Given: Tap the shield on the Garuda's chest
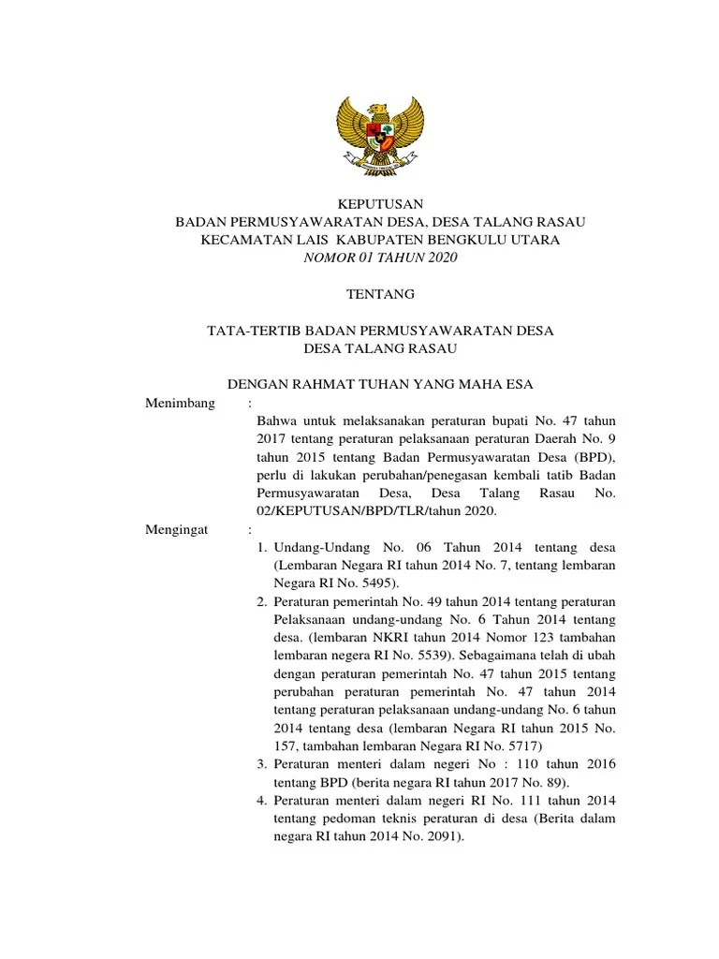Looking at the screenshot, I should pos(380,135).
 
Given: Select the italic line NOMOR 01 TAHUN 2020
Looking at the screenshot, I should pos(380,258).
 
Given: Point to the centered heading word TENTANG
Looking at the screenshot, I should pos(380,294).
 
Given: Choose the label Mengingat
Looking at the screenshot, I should pos(180,529).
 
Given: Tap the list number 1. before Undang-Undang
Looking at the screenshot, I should pos(263,548).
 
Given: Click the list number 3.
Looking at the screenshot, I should pos(263,764).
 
